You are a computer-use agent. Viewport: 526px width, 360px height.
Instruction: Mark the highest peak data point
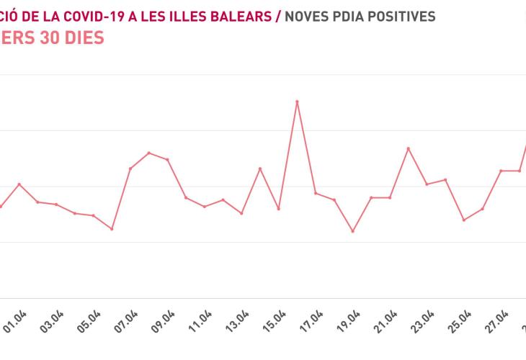click(x=297, y=102)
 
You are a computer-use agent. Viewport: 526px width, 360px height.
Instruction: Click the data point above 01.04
click(x=19, y=184)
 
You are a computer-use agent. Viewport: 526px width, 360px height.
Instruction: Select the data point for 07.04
click(x=130, y=168)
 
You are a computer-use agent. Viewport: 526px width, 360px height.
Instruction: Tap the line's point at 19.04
click(x=352, y=231)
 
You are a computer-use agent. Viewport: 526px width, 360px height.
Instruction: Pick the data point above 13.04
click(x=241, y=213)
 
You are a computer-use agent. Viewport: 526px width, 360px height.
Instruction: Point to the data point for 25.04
click(x=463, y=220)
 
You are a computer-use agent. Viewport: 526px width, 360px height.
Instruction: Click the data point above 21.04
click(x=389, y=197)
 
